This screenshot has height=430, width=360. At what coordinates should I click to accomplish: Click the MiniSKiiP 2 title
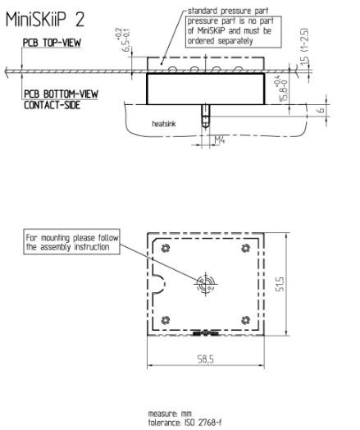click(x=45, y=20)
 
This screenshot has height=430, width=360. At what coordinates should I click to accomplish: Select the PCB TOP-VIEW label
click(x=52, y=43)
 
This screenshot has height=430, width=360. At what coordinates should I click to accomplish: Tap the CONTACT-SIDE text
click(x=52, y=105)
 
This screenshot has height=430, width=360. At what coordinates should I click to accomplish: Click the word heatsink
click(x=164, y=124)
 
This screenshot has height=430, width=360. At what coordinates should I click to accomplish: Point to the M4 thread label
click(x=220, y=140)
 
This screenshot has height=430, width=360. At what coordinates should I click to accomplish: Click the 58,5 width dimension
click(x=206, y=359)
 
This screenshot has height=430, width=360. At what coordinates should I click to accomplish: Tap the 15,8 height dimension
click(x=285, y=89)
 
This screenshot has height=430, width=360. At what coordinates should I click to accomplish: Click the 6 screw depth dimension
click(x=321, y=110)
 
